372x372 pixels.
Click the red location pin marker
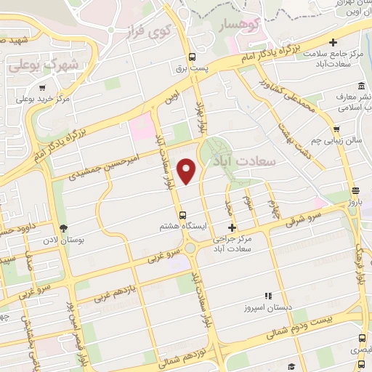(x=187, y=171)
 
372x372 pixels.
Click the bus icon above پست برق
(x=192, y=57)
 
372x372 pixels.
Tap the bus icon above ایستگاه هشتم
(x=182, y=215)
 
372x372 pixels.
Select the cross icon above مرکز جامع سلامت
(x=333, y=44)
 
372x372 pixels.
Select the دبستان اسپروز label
(x=269, y=307)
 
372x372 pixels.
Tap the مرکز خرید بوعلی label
(x=43, y=97)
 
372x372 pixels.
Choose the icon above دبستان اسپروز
(x=268, y=296)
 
